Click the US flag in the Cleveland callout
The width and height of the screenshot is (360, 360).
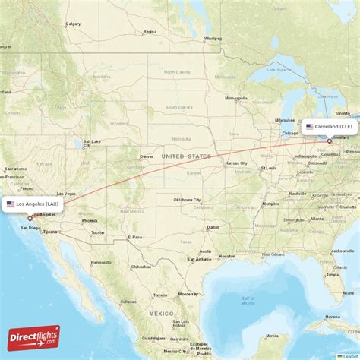coord(310,126)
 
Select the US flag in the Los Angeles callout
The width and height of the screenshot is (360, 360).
coord(11,204)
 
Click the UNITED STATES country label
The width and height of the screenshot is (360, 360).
coord(187,156)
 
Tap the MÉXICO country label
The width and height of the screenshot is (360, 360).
coord(160,313)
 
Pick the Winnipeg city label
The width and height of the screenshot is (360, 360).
coord(213,38)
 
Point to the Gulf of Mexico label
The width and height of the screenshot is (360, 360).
coord(247,299)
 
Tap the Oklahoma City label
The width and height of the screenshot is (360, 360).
coord(187,200)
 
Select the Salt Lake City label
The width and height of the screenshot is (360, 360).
coord(92,141)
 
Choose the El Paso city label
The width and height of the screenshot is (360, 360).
coord(135,237)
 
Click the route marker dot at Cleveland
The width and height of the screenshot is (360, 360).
coord(329,141)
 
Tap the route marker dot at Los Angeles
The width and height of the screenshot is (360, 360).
coord(30,219)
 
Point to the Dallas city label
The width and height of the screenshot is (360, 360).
coord(213,226)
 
